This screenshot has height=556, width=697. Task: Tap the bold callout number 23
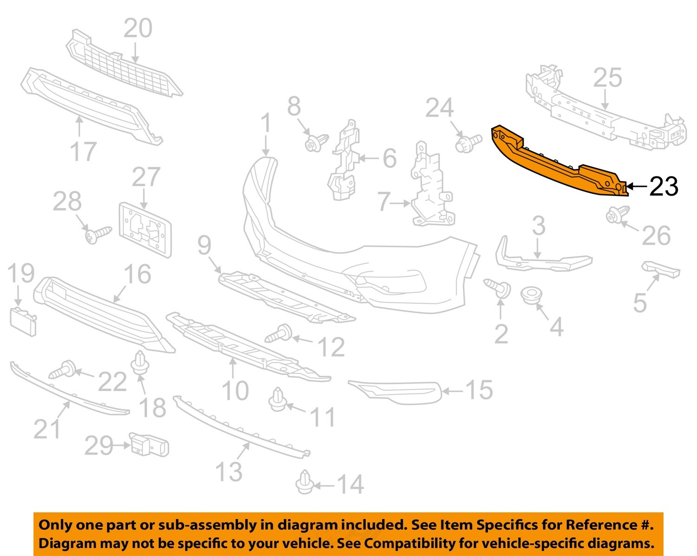click(664, 187)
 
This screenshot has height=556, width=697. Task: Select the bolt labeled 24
click(468, 143)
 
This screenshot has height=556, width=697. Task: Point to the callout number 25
click(608, 78)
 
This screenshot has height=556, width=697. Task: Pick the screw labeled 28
click(98, 235)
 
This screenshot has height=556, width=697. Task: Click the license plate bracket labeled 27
click(145, 230)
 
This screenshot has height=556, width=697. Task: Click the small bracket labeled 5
click(661, 269)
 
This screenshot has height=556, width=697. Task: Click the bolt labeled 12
click(278, 333)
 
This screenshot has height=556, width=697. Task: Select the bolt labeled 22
click(62, 369)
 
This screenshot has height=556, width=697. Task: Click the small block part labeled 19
click(23, 321)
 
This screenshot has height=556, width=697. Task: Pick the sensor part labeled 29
click(149, 444)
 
